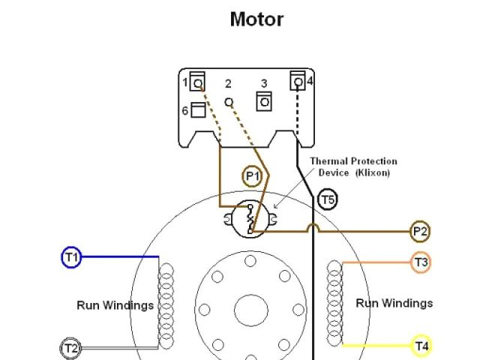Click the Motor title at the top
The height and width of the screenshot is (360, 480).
point(256,19)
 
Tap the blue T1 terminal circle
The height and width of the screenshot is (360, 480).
point(70,258)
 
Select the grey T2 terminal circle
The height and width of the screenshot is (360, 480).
point(70,348)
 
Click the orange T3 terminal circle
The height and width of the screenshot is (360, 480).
point(421,262)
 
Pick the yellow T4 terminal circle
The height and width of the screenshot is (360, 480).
point(421,346)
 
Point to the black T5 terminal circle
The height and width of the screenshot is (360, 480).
point(328,199)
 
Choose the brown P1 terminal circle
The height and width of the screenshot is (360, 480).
point(253,176)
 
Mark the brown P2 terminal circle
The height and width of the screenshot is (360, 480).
point(420,232)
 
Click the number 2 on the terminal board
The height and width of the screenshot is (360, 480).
point(228,83)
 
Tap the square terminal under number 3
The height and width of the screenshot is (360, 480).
point(264,100)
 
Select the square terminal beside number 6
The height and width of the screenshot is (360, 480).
point(198,111)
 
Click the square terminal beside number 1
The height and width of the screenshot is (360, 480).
point(198,81)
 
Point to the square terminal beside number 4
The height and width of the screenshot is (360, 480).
point(298,79)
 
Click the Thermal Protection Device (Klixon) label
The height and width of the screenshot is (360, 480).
point(353,166)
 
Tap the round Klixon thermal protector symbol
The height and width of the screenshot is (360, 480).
point(250,219)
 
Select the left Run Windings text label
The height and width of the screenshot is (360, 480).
point(115,305)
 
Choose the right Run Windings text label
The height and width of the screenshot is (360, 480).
point(394,303)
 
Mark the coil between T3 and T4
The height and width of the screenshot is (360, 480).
point(334,303)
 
